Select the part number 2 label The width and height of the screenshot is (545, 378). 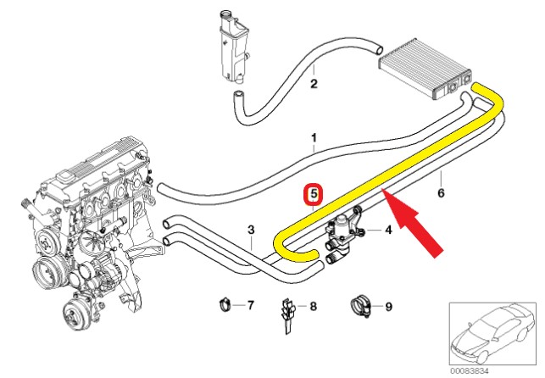point(314,84)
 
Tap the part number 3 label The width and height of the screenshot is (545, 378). point(251,230)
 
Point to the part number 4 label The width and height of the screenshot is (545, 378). point(388,229)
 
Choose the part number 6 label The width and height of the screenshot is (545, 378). point(442,192)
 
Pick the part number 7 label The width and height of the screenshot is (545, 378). point(250,303)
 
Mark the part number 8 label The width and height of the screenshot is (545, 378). point(312,306)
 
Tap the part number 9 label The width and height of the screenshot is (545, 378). point(388,306)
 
